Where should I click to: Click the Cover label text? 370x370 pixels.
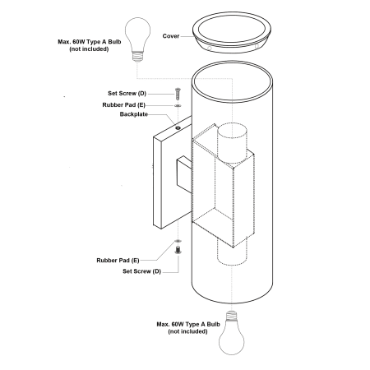(171, 36)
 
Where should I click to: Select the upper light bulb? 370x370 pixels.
(138, 39)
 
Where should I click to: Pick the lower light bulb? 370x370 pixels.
(232, 333)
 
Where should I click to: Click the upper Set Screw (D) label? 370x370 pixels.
(127, 94)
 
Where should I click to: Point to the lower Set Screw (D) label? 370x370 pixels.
(141, 271)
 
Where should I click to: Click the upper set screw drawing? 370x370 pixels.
(178, 94)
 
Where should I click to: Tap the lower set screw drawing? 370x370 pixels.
(178, 250)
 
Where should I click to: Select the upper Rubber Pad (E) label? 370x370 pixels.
(123, 105)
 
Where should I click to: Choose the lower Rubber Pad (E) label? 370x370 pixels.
(118, 261)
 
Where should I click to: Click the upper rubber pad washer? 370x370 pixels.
(178, 105)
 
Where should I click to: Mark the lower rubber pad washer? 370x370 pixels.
(178, 241)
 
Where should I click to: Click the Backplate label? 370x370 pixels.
(134, 114)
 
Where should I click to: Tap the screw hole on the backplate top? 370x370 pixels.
(178, 127)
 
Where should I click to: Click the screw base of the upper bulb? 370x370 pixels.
(138, 57)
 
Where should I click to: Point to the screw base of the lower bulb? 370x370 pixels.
(232, 316)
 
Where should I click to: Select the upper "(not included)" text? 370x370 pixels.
(89, 49)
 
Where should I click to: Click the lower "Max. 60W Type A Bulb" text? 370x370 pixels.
(188, 324)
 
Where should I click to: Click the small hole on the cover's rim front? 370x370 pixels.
(210, 49)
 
